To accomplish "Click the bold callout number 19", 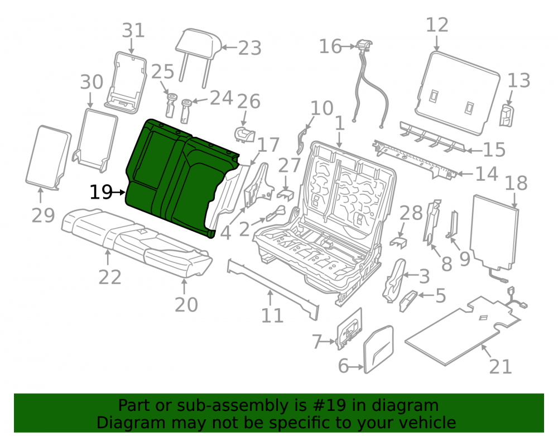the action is point(100,193).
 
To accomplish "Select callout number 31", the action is point(133,31).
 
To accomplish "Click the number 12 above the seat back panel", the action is point(437,25).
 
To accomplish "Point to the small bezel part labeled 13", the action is point(507,116).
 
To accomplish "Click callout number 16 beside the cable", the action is point(330,47).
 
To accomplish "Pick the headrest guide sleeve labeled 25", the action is point(171,105).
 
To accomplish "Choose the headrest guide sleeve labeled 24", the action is point(186,111).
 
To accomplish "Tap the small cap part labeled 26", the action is point(244,135).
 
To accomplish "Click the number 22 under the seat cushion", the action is point(110,277).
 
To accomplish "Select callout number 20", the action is point(186,305).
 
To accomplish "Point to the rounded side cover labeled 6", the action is point(379,349).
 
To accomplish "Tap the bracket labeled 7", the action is point(349,329).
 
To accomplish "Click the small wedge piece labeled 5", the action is point(408,301).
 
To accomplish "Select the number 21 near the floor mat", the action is point(501,367).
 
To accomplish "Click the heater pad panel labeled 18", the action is point(494,232).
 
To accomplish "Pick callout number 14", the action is point(487,174).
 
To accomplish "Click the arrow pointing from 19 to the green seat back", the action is point(119,193).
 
